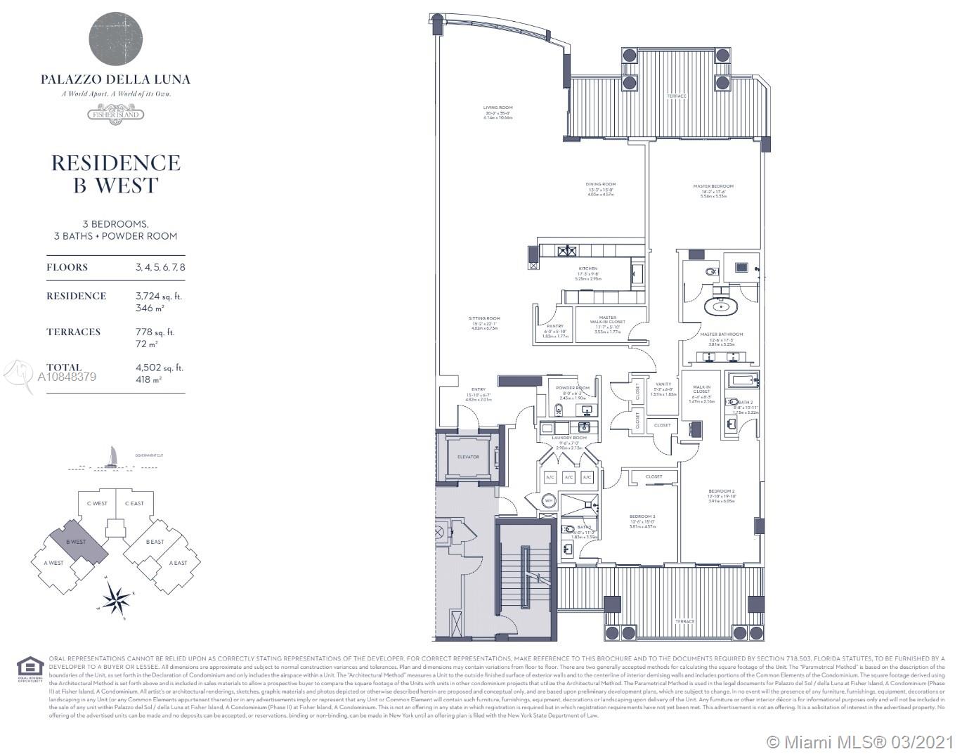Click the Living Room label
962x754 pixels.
498,108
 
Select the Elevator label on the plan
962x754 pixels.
468,457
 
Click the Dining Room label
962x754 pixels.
600,185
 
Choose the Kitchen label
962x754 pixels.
588,268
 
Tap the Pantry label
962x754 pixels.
555,326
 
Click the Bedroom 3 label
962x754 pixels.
643,516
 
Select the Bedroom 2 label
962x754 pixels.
722,490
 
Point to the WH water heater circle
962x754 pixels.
549,500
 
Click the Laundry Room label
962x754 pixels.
570,438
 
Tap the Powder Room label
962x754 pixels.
573,388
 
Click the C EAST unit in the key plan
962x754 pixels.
134,503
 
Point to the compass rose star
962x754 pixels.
117,599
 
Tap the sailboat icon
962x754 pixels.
112,456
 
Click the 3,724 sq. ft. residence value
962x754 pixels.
158,296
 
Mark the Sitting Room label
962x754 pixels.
483,318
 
